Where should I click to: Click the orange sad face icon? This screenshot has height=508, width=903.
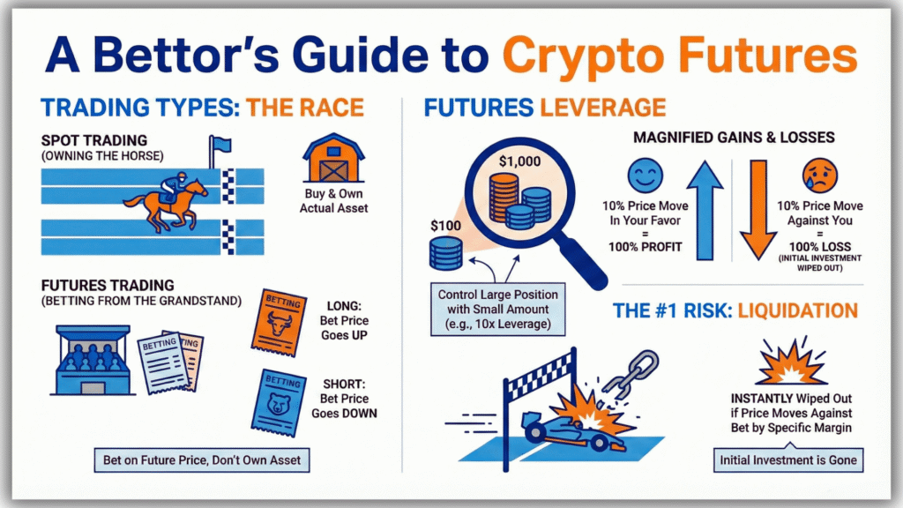tap(819, 172)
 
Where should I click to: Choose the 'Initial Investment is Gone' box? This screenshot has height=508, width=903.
tap(787, 460)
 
